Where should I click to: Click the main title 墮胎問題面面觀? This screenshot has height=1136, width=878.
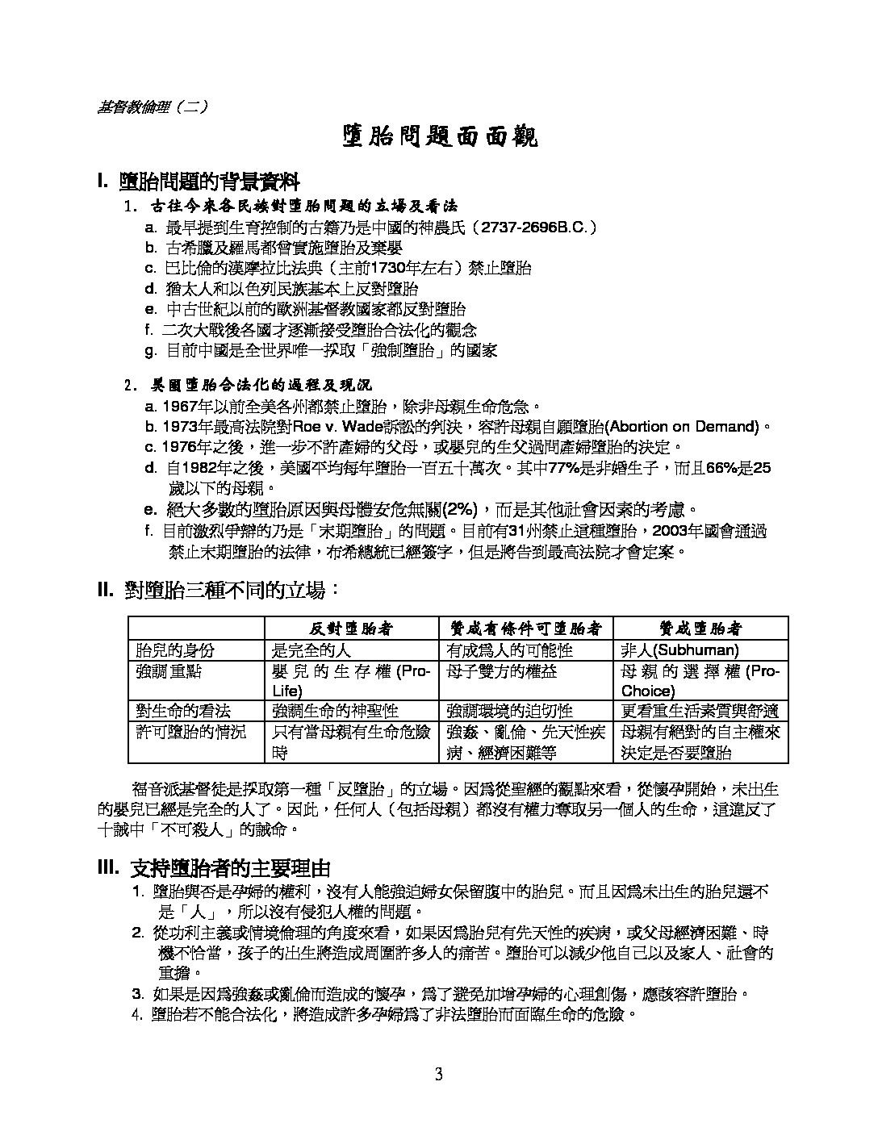(439, 136)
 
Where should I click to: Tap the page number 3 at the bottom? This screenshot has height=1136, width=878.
(438, 1074)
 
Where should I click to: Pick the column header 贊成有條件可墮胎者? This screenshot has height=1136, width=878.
(525, 628)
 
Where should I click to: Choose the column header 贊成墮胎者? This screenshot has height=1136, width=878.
(700, 628)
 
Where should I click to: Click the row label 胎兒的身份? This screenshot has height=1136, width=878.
(175, 649)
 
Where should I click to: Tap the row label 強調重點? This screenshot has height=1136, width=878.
(169, 671)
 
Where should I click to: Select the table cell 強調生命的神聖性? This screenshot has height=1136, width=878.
(336, 711)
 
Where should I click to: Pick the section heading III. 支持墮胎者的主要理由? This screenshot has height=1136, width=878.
(215, 868)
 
